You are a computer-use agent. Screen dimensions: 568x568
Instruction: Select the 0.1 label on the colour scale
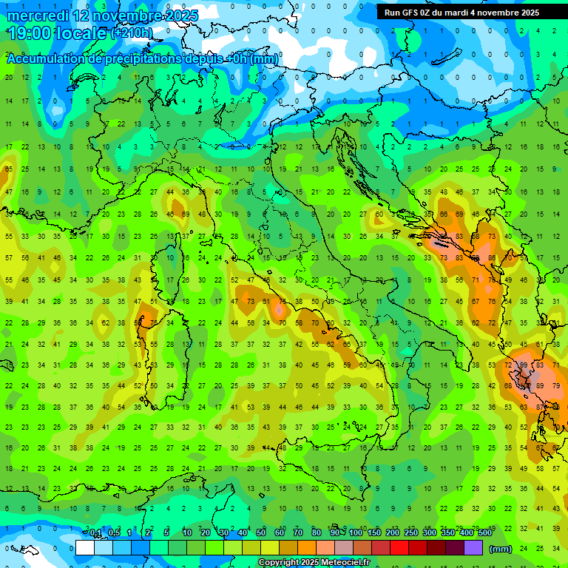95,533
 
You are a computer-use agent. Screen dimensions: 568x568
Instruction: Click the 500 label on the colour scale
484,533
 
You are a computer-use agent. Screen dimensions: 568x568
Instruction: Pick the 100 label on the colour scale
356,533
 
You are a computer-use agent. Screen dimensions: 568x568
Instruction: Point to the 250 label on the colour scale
411,533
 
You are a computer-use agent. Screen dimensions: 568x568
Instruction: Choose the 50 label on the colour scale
261,533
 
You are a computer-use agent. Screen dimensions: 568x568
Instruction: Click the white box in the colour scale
85,548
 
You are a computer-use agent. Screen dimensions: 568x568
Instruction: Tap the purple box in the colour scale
473,548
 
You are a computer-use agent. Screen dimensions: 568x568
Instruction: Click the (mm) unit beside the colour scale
500,549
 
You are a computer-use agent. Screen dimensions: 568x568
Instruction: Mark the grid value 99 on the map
524,365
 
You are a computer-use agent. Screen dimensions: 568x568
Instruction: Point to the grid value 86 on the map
492,259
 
